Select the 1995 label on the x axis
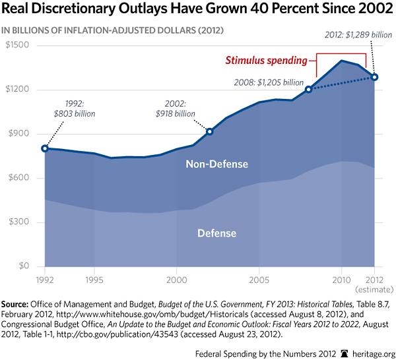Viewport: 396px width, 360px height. pos(94,280)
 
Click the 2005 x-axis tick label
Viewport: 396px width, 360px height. pos(259,280)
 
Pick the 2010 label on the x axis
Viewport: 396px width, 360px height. pos(341,280)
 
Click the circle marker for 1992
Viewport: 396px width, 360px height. pos(45,148)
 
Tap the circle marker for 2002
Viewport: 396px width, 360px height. pos(210,131)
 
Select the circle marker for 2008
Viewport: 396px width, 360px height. pos(308,89)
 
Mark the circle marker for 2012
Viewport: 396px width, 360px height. pos(374,76)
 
